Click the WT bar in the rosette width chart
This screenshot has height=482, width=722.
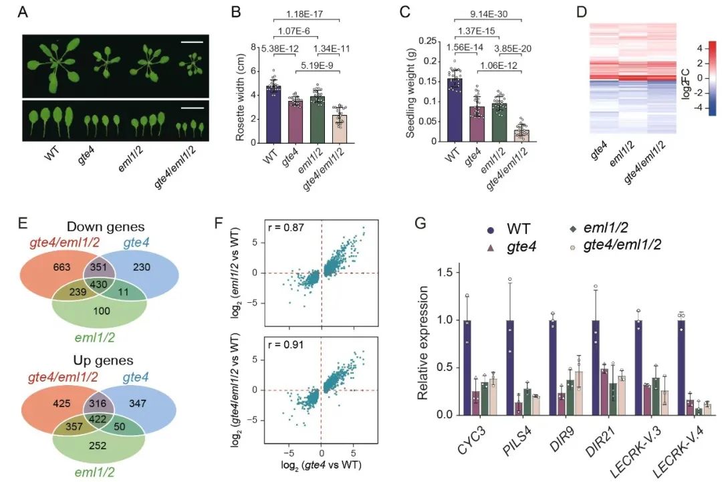click(273, 115)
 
